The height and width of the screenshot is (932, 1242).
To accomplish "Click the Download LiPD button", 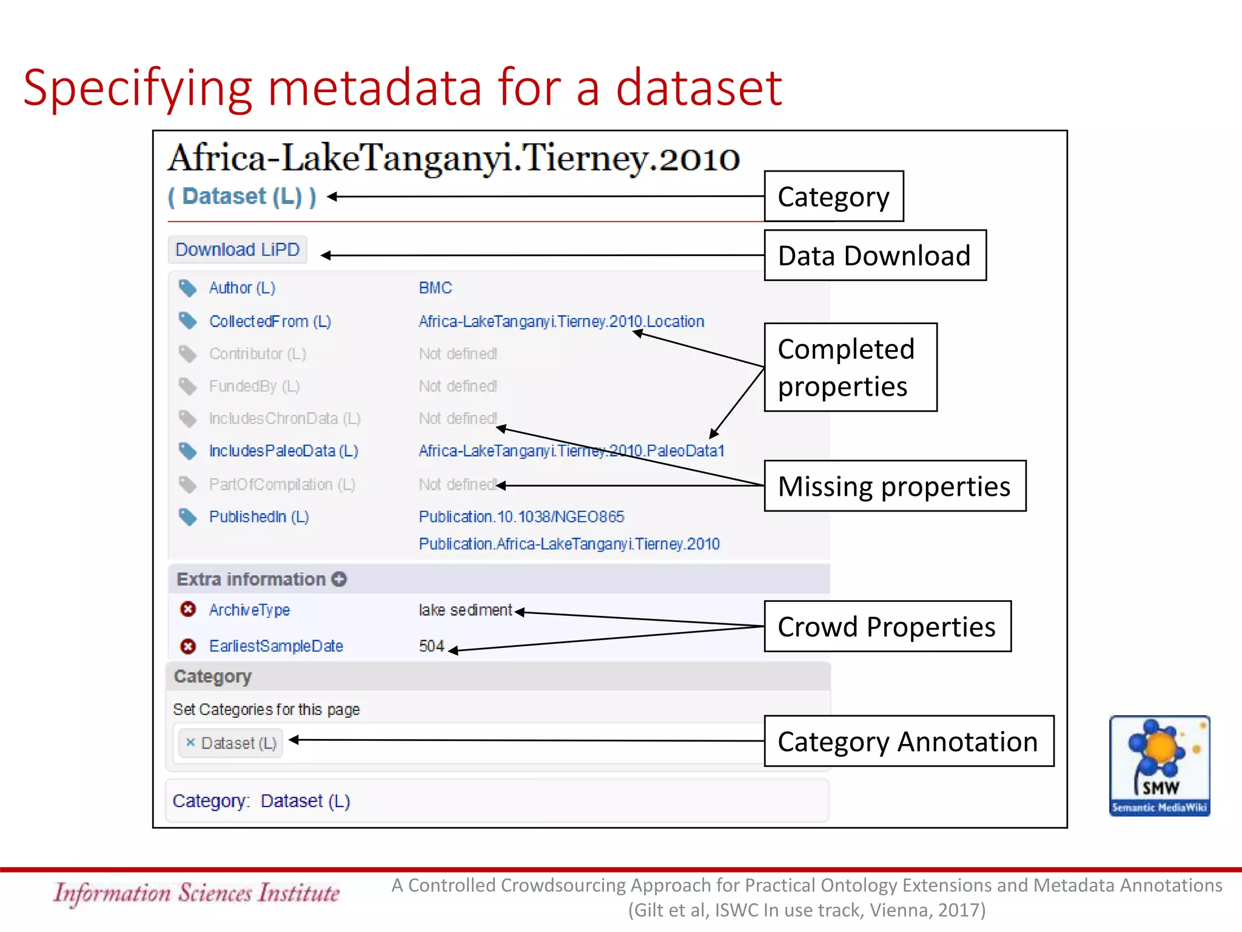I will coord(237,250).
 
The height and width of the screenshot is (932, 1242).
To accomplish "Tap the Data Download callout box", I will coord(874,255).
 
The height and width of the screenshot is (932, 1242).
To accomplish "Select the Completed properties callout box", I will coord(850,368).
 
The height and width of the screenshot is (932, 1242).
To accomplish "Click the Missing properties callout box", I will coord(895,486).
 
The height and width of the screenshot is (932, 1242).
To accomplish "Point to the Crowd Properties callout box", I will coord(887,627).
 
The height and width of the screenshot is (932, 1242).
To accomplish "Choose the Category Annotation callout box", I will coord(908,741).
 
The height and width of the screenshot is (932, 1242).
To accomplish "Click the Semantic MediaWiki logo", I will coord(1160,766).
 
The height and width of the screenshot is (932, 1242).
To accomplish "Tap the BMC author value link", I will coord(435,288).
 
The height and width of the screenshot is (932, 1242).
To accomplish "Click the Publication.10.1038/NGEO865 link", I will coord(521,517).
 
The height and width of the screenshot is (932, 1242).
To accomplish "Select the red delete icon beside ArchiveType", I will coord(188,609).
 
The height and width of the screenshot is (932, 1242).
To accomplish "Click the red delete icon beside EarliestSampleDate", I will coord(188,646).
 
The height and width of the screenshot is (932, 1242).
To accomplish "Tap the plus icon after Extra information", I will coord(339,579).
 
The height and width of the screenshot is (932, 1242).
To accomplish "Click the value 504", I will coord(431,646).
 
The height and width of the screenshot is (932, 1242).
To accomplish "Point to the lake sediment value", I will coord(465,610).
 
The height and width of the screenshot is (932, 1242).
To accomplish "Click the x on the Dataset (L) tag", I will coord(190,742).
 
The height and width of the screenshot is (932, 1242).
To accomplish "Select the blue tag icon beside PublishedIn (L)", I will coord(188,517).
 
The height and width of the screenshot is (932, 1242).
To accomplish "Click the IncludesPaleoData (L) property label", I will coord(283,451).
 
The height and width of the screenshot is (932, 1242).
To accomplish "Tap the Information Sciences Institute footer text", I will coord(196,893).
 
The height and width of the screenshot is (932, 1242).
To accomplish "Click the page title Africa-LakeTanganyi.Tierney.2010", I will coord(453,158).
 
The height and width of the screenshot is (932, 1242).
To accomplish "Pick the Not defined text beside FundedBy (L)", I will coord(458,386).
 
